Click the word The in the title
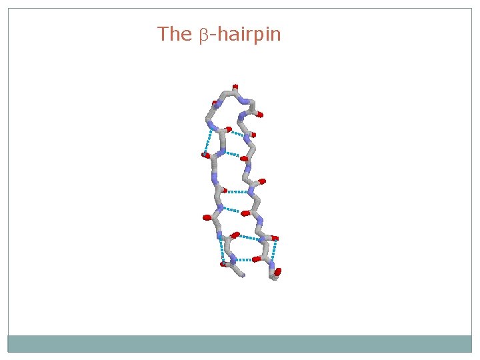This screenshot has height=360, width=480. [x=174, y=34]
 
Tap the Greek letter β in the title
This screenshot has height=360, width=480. [x=204, y=35]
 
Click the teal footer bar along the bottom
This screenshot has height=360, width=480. [x=239, y=343]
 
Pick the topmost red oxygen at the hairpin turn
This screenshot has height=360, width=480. [x=235, y=87]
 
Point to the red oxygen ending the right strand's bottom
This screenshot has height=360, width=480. [x=277, y=272]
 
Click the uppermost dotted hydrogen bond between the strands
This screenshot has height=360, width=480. [x=237, y=133]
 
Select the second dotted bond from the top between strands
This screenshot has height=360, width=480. [x=229, y=154]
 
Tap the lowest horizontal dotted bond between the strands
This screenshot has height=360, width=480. [x=243, y=259]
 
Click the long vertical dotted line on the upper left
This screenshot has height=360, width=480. [x=208, y=141]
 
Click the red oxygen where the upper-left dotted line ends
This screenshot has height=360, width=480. [x=205, y=155]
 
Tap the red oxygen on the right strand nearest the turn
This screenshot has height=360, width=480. [x=259, y=115]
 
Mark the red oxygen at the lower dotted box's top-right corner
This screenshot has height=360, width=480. [x=275, y=238]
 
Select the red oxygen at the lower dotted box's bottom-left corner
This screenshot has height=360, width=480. [x=224, y=264]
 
